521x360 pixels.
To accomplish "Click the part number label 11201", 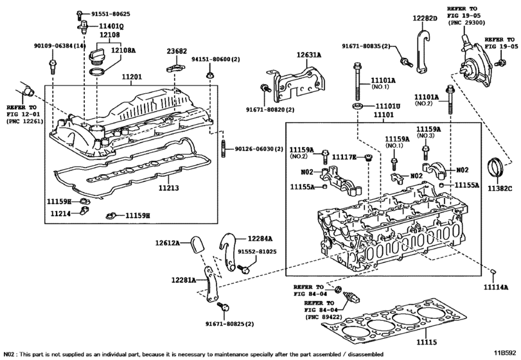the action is (132, 76).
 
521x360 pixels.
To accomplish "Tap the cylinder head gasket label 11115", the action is (427, 342).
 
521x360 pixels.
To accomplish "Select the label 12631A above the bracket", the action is (309, 55).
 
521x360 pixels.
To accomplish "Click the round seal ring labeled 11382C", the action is (495, 169).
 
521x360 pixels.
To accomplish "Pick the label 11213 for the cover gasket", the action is (168, 188).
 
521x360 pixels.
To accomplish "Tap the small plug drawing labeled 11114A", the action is (493, 272).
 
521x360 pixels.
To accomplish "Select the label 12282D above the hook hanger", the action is (425, 18).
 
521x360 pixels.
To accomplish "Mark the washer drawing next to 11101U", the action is (358, 107).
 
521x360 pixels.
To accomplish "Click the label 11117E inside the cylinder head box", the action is (344, 157).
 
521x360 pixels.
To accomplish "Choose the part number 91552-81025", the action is (257, 251).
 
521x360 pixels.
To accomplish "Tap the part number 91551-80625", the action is (110, 14).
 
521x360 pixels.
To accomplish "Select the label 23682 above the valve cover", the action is (177, 51).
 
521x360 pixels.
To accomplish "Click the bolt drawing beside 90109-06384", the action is (52, 66).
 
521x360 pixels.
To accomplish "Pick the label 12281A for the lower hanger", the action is (184, 280).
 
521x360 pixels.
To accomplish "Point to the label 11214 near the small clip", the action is (61, 213).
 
